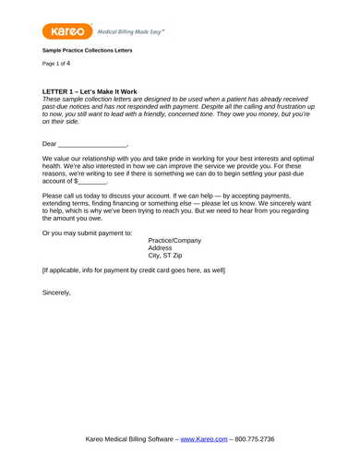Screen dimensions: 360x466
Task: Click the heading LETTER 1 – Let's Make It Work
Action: pos(90,92)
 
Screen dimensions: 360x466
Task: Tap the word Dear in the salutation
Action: pos(50,144)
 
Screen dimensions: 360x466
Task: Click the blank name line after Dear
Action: pos(92,145)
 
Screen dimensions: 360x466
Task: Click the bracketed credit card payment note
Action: pos(134,270)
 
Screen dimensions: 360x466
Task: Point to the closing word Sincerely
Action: pos(56,293)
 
